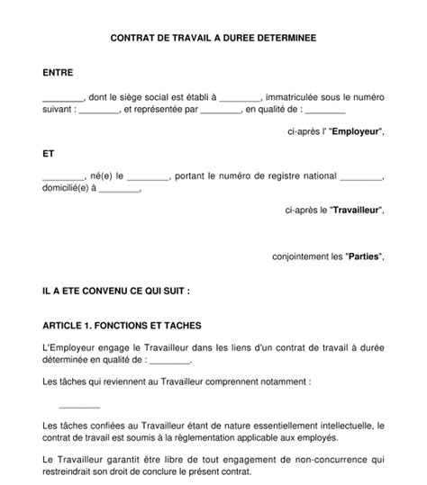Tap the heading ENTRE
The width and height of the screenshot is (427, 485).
point(59,71)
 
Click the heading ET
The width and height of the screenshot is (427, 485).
point(49,154)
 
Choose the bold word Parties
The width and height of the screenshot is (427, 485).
point(364,256)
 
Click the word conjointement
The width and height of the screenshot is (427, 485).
point(302,256)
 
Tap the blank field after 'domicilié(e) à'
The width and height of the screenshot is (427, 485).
point(120,189)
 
